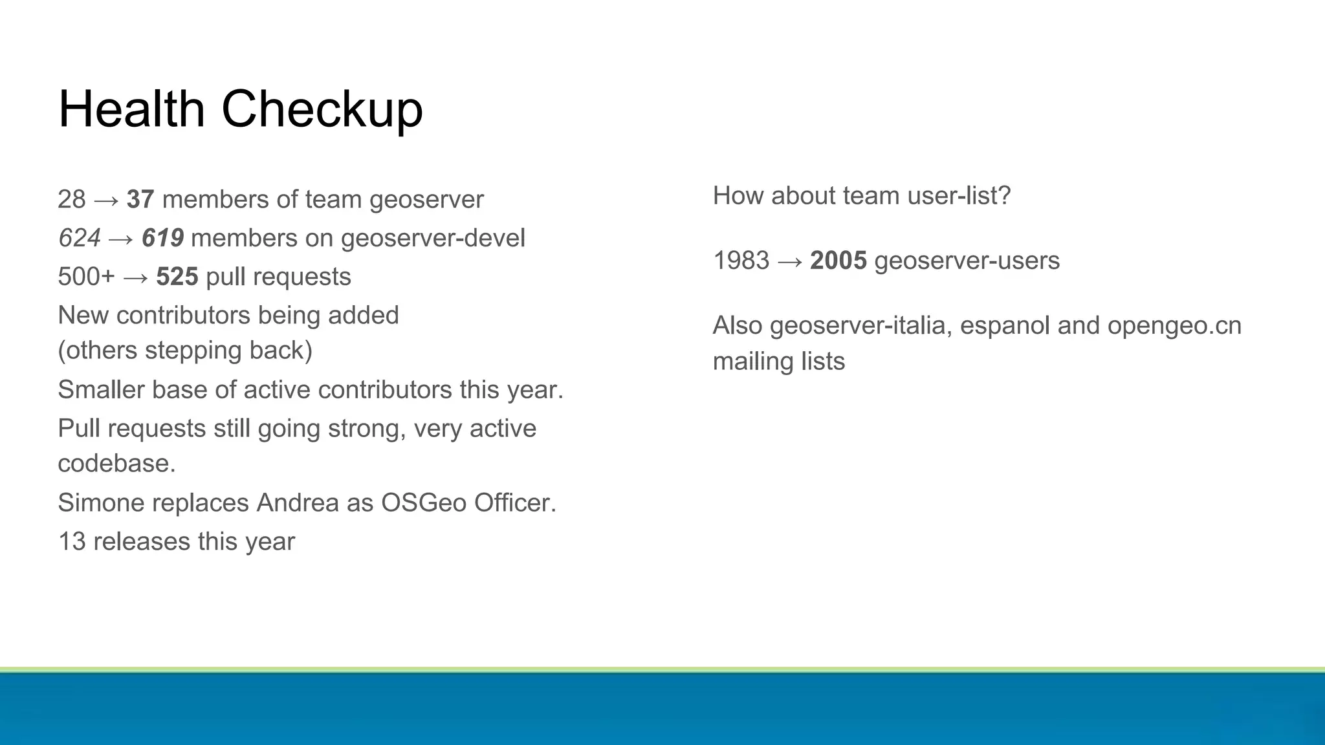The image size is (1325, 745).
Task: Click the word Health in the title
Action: pos(131,109)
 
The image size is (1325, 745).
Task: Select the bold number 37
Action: pos(140,200)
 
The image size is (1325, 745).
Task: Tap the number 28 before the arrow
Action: pos(71,200)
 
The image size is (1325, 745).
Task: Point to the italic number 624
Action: pos(79,239)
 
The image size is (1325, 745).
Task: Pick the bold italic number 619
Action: pos(162,239)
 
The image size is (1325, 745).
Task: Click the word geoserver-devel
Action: pos(433,239)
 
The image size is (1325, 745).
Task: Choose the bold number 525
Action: pos(177,277)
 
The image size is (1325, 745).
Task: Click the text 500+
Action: pos(86,277)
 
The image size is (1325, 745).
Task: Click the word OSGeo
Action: pos(423,503)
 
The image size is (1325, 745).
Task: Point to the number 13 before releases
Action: pos(72,542)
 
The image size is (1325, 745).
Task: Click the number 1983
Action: pos(741,261)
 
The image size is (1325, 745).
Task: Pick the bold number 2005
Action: pos(838,261)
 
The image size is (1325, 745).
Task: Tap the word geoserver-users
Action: pos(967,261)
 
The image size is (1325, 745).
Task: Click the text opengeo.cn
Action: pos(1174,326)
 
